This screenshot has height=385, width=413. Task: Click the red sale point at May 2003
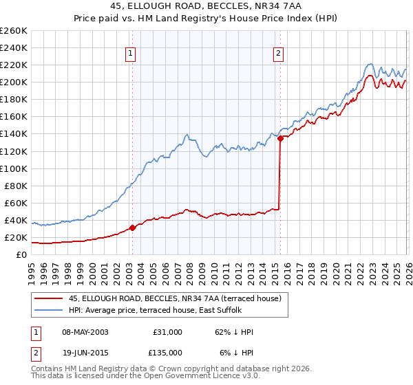(132, 228)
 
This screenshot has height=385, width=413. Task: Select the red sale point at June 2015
(280, 138)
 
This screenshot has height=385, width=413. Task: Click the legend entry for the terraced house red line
(175, 299)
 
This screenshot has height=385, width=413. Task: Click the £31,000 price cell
(168, 332)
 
